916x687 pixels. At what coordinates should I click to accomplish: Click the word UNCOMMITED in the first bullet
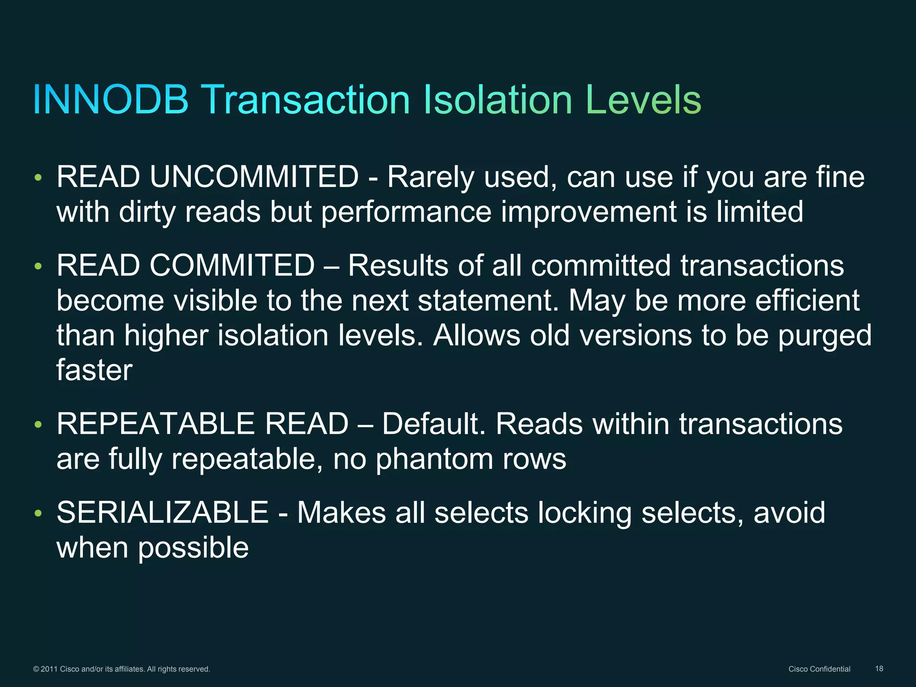click(254, 177)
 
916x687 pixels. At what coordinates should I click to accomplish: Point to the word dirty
click(147, 212)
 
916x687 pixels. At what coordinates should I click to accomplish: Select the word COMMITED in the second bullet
click(232, 265)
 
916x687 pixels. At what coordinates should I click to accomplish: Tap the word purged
click(825, 335)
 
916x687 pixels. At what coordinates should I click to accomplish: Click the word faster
click(94, 370)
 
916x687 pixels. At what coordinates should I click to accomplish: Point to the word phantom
click(434, 459)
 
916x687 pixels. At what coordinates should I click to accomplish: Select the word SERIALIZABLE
click(162, 512)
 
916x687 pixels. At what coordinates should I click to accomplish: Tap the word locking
click(585, 513)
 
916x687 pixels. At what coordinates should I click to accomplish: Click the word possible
click(193, 548)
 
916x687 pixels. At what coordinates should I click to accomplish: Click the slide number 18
click(879, 669)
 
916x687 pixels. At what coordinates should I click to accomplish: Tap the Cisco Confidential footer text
click(819, 669)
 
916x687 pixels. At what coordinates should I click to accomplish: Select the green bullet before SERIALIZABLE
click(38, 513)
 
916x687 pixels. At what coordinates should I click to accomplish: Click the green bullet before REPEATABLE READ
click(38, 424)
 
